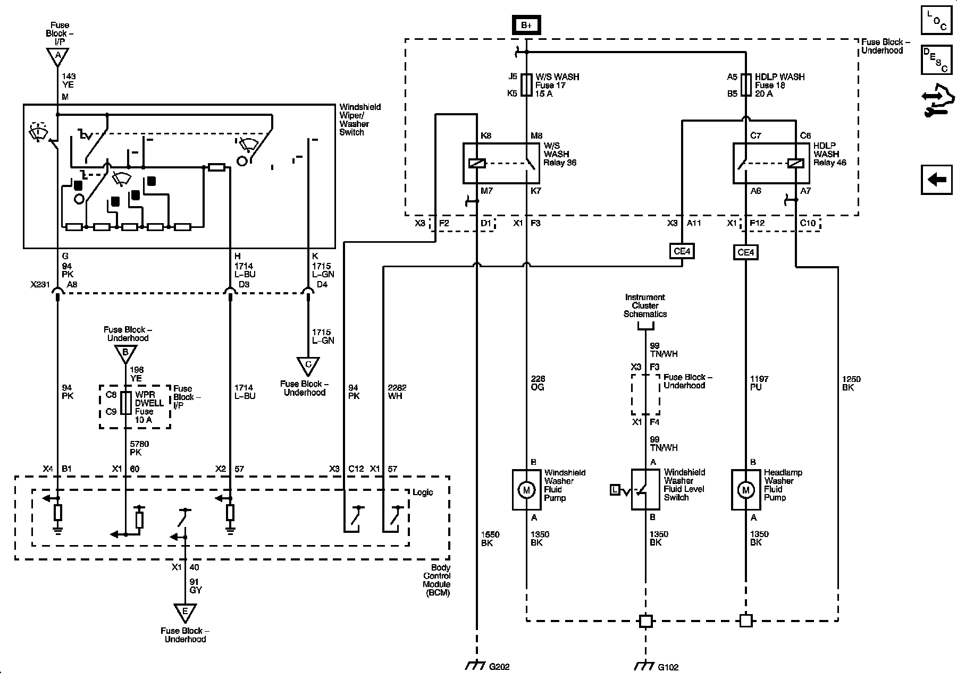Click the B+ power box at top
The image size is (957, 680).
(526, 25)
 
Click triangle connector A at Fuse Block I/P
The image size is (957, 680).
(57, 55)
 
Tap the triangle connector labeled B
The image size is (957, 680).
(126, 352)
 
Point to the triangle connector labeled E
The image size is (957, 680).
(185, 613)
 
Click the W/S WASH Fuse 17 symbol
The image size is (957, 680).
(526, 85)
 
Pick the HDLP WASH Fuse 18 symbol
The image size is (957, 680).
(746, 85)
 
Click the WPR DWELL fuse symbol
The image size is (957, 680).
(126, 403)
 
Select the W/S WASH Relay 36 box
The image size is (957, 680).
(501, 163)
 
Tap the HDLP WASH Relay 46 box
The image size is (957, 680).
(771, 163)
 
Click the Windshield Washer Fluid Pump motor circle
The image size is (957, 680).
(526, 490)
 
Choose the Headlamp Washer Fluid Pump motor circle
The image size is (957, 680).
(745, 490)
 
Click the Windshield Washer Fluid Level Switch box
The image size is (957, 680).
(645, 489)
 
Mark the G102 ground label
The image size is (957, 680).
(668, 667)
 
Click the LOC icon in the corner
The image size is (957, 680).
(936, 20)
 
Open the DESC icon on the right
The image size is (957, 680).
(936, 59)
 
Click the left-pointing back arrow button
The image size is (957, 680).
(936, 180)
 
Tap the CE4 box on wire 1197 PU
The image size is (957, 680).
(746, 252)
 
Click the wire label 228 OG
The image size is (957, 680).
(538, 383)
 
